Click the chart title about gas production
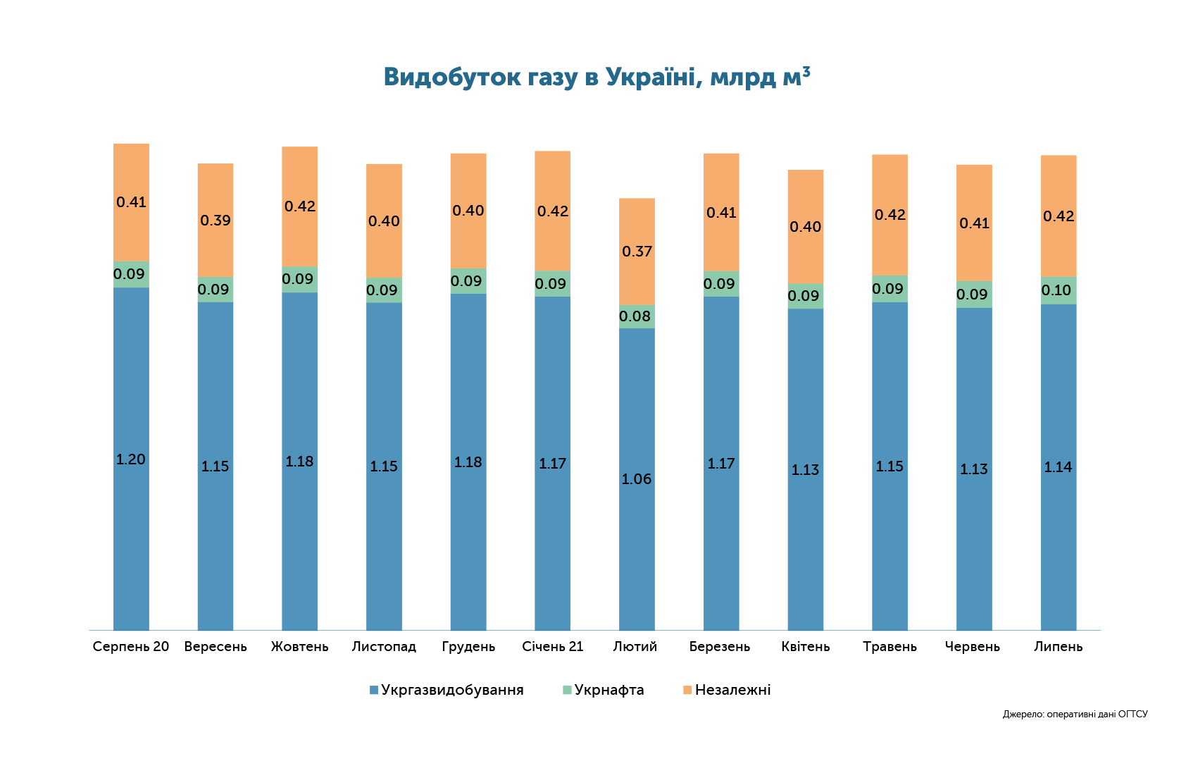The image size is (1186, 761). point(597,78)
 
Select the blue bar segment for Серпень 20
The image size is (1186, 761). point(131,459)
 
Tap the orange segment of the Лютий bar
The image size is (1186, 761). point(637,252)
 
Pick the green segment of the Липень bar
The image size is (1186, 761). point(1059,290)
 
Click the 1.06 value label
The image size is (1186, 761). point(637,479)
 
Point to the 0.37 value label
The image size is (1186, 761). point(637,252)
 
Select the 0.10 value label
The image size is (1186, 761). point(1056,290)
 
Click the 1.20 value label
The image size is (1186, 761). point(131,459)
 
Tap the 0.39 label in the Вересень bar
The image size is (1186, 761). point(216,221)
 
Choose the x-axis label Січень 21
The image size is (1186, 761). point(553,647)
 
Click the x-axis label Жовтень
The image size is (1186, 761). point(300,647)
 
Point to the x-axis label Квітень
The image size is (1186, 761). point(805,647)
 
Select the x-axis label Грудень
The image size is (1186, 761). point(468,647)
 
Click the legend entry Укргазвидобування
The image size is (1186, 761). point(447,690)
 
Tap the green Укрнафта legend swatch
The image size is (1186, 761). point(567,690)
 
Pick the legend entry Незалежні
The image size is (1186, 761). point(726,690)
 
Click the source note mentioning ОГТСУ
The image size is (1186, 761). point(1075,714)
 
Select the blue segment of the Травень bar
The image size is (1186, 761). point(890,466)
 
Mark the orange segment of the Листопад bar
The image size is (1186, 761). point(384,221)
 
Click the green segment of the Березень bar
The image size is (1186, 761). point(721,284)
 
